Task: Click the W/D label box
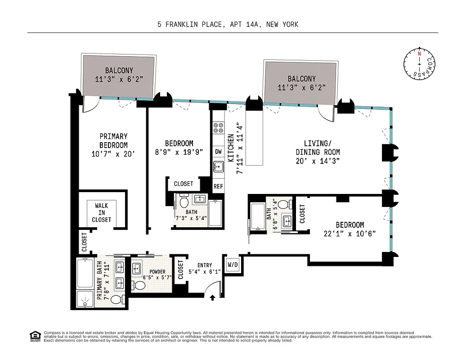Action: click(x=233, y=264)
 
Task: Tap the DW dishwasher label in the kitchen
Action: click(x=218, y=152)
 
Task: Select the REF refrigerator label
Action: click(x=218, y=186)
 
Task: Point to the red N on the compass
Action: click(x=419, y=53)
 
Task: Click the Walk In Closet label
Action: click(x=101, y=212)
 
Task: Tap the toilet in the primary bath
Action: click(x=116, y=299)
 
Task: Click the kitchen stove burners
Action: click(x=218, y=128)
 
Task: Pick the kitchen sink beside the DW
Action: click(x=218, y=167)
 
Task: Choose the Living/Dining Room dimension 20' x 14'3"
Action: click(x=318, y=160)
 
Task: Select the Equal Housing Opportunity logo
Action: click(x=34, y=336)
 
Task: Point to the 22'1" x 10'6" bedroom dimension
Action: click(x=349, y=233)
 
